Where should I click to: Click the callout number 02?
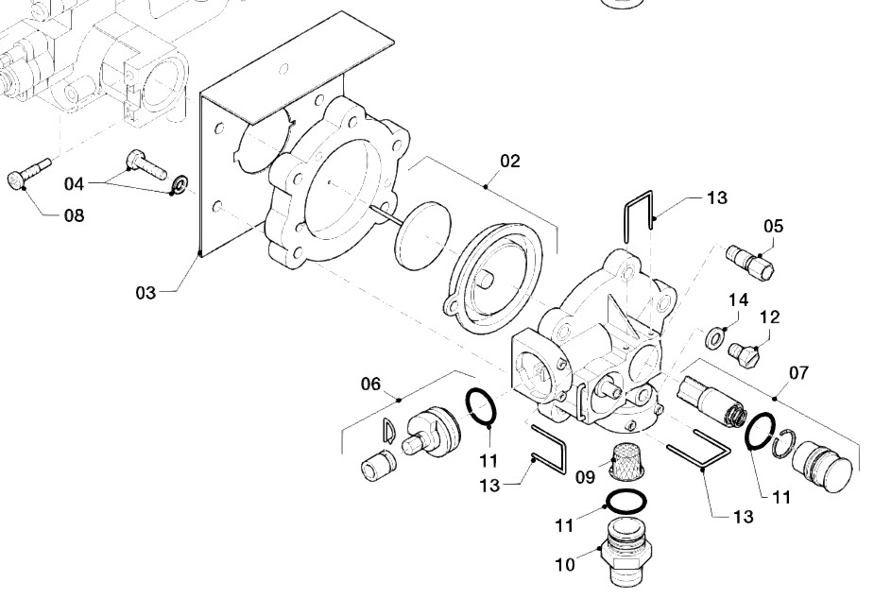click(509, 161)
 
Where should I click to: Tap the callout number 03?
click(146, 293)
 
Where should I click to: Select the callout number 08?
click(74, 215)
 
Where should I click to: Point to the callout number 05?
click(773, 226)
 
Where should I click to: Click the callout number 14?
click(738, 300)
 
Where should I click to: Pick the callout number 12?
click(769, 317)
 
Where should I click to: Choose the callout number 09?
click(585, 477)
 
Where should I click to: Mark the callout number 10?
click(565, 565)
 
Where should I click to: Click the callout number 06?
click(370, 384)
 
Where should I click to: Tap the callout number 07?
click(798, 373)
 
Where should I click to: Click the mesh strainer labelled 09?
click(627, 461)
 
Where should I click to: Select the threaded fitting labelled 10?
click(626, 552)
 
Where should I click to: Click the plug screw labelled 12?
click(744, 352)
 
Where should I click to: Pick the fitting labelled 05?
click(750, 261)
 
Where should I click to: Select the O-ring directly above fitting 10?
click(626, 501)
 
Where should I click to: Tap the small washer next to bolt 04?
click(180, 184)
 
